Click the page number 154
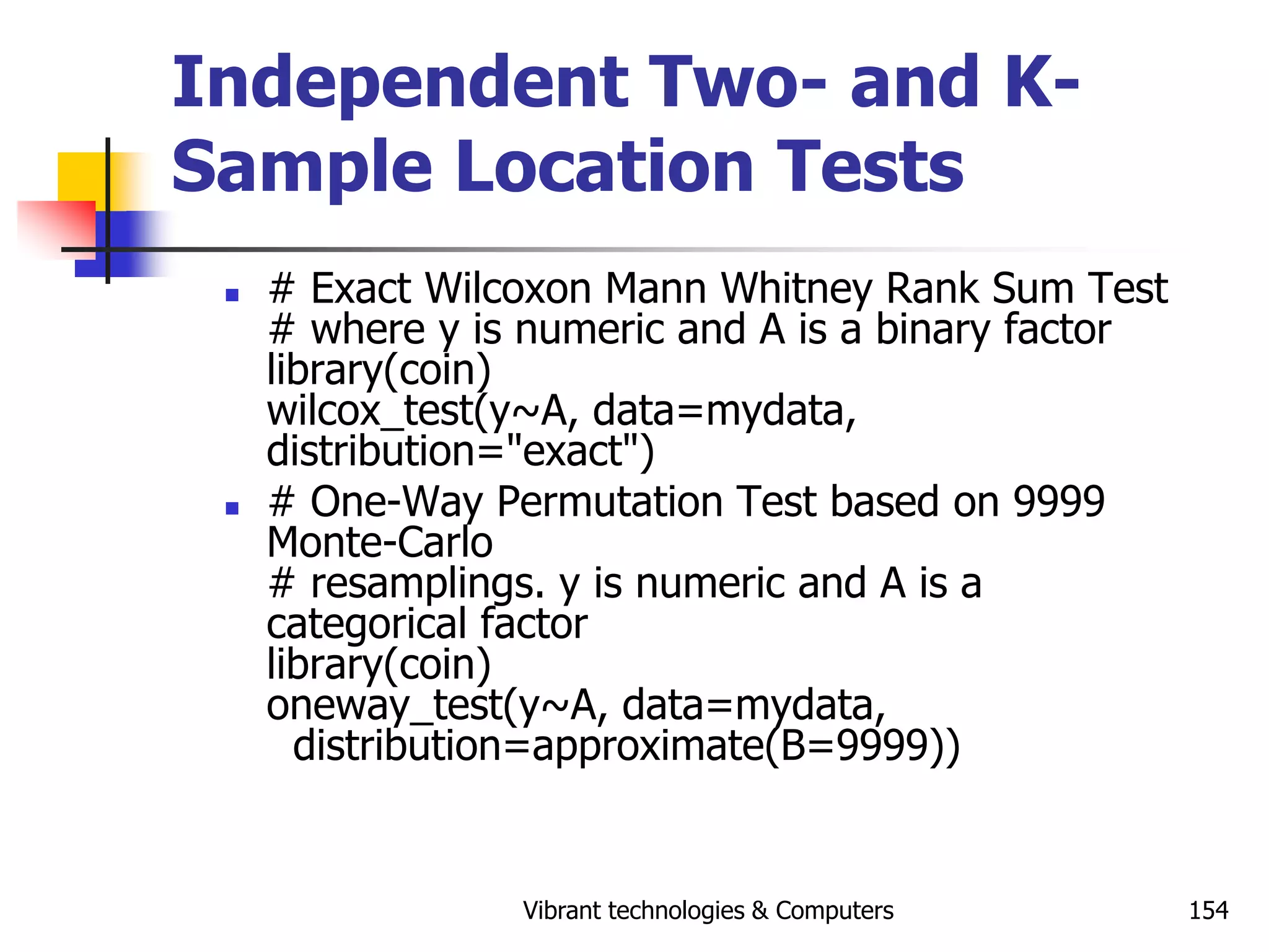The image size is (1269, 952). [1208, 910]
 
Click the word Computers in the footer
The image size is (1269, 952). [834, 910]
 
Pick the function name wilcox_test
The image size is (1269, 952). [371, 412]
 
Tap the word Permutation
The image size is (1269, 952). [610, 501]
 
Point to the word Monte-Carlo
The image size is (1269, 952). [379, 542]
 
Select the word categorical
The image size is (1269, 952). [366, 624]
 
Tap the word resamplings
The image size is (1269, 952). [427, 584]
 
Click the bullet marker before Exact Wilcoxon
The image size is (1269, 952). [232, 295]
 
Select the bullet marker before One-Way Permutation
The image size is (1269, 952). [232, 509]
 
